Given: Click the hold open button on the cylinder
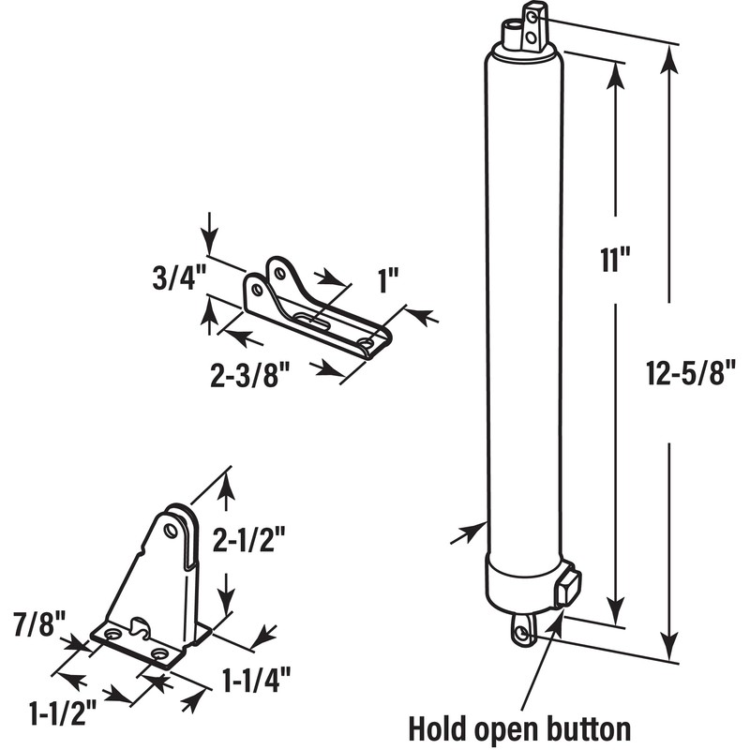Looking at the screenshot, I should pos(568,589).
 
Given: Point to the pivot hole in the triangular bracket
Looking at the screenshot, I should pos(171,531).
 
